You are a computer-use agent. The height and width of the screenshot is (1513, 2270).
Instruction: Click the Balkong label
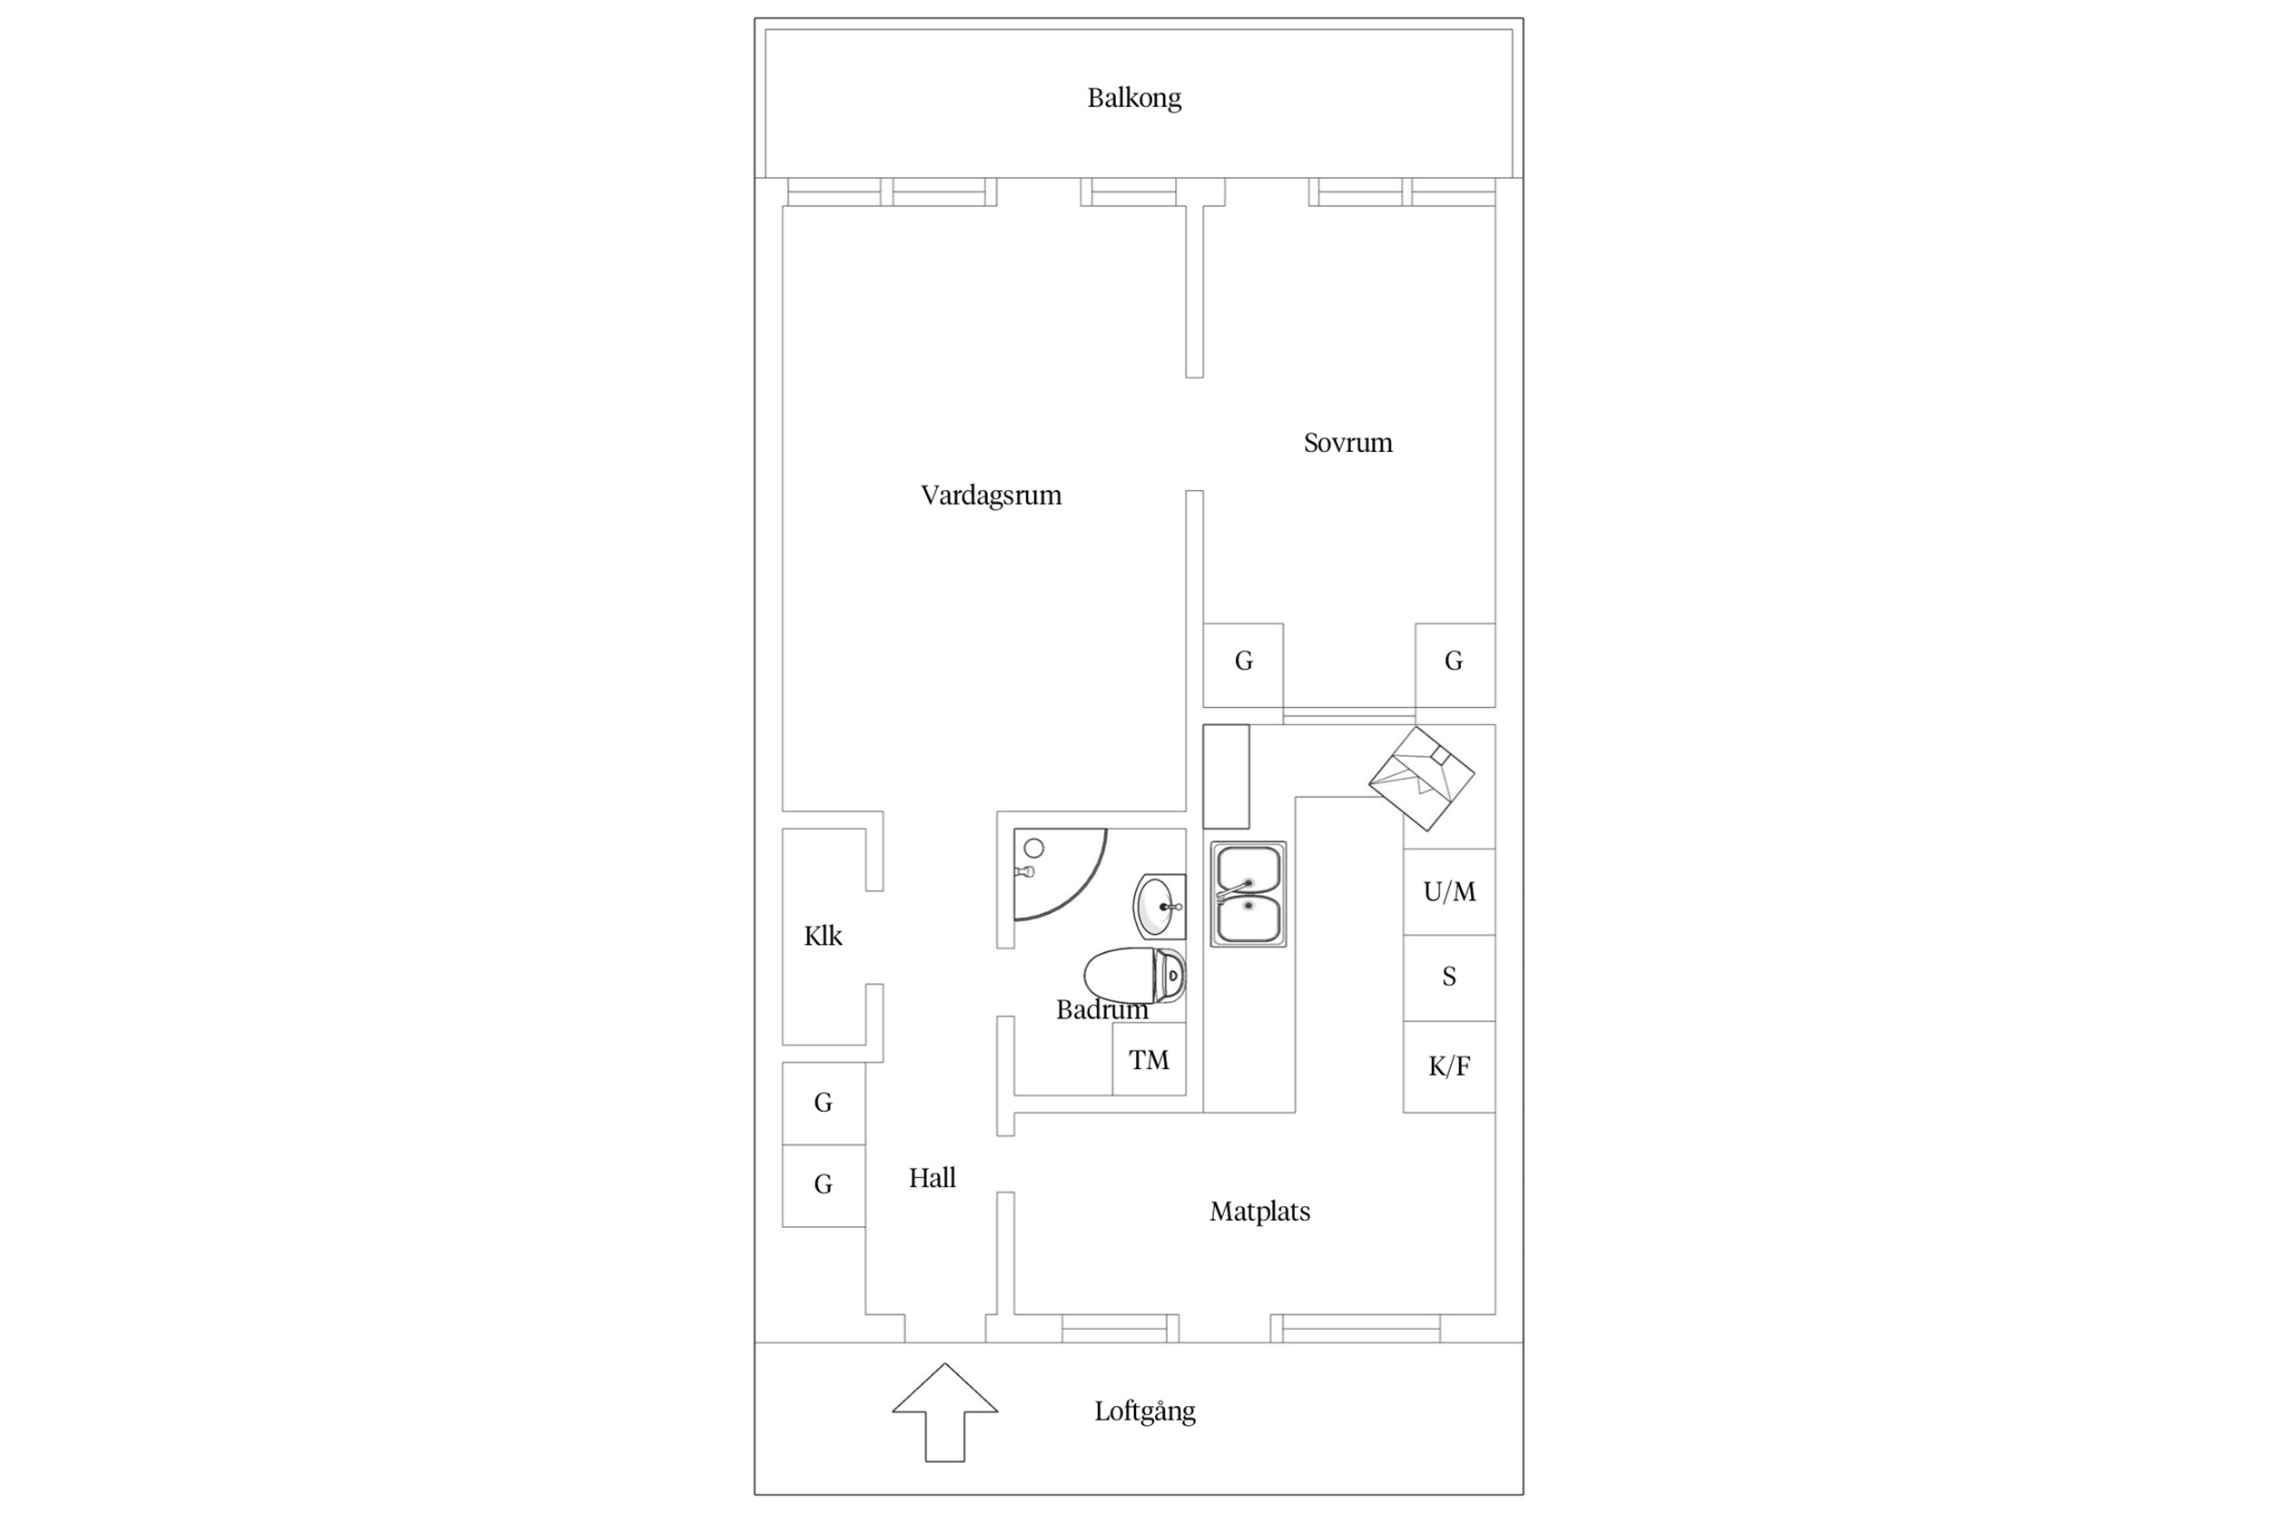(1134, 98)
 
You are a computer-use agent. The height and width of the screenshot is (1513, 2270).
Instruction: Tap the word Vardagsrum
(992, 495)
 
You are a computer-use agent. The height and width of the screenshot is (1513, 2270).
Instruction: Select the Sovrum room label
(1348, 443)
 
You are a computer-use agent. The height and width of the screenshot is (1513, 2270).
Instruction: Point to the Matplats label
(1259, 1211)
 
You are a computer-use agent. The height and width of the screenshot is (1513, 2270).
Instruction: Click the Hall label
(933, 1177)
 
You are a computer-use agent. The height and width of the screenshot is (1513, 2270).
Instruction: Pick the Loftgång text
(1145, 1410)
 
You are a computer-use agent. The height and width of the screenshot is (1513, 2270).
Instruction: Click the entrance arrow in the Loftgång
(945, 1412)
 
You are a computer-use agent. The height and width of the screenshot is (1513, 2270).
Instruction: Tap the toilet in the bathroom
(1135, 976)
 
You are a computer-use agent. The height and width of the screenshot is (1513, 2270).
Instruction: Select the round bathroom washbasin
(1160, 906)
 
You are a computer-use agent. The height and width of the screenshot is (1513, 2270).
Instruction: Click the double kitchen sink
(1248, 895)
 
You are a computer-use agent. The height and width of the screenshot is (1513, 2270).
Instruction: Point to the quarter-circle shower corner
(1060, 874)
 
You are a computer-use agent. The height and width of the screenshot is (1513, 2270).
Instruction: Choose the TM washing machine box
(1150, 1059)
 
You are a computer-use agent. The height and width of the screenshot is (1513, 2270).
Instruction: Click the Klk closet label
(824, 936)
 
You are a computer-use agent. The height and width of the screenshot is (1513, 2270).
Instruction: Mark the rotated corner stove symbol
(1422, 779)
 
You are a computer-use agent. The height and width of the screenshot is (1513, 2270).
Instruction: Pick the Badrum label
(1102, 1010)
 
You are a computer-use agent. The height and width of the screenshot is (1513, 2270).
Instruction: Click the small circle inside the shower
(1033, 848)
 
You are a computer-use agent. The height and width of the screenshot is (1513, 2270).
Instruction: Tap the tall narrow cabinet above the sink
(1226, 776)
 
